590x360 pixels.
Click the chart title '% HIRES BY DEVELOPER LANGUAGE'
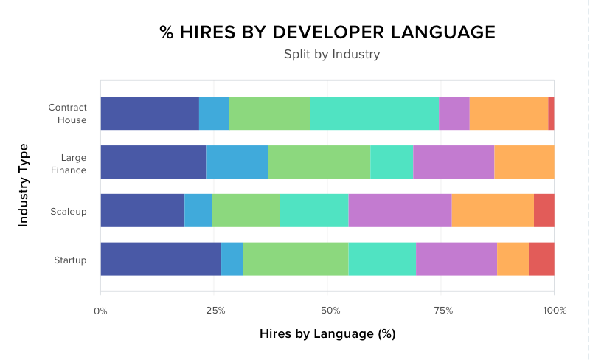point(327,32)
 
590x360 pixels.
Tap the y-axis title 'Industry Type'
point(24,184)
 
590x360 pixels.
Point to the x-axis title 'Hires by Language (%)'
point(327,333)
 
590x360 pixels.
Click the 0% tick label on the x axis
point(100,311)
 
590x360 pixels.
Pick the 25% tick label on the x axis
point(215,311)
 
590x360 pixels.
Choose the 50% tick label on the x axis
point(330,311)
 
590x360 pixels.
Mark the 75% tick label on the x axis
point(443,311)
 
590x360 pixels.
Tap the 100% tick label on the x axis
point(555,311)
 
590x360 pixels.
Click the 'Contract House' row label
point(67,114)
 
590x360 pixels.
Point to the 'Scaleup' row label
point(69,211)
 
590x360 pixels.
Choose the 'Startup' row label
point(70,260)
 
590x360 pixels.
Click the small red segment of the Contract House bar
point(551,114)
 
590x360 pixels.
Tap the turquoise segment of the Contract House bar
point(374,114)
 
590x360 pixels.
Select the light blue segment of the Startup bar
point(232,259)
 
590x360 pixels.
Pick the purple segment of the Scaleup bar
point(400,210)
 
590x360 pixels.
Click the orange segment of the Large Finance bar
point(524,162)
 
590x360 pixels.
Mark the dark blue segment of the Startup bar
point(161,259)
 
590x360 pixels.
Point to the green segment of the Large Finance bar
point(319,162)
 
